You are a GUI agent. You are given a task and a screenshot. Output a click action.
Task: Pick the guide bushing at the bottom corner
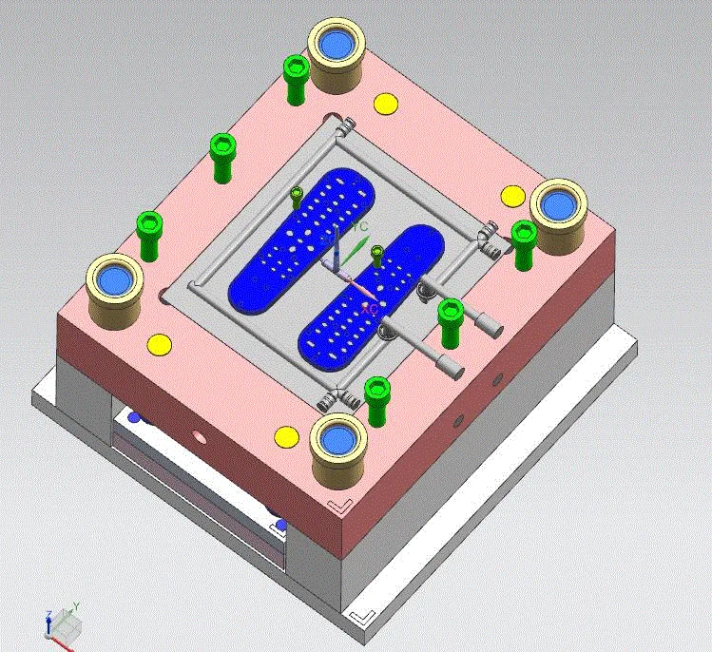[x=338, y=441]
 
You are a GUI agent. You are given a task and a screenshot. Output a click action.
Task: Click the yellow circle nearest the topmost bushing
[x=385, y=104]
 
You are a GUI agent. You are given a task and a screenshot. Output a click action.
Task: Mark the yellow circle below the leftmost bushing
[x=158, y=343]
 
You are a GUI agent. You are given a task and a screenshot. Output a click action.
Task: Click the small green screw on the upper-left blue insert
[x=297, y=197]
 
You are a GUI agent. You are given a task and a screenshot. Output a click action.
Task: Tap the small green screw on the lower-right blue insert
[x=377, y=254]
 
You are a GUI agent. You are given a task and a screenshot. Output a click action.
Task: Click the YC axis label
[x=361, y=227]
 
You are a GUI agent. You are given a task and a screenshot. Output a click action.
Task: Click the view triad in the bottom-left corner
[x=62, y=620]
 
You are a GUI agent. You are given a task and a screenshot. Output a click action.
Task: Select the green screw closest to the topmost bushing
[x=295, y=78]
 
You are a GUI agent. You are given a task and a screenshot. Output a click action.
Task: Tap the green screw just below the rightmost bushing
[x=524, y=243]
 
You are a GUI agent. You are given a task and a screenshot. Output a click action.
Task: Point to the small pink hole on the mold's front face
[x=199, y=437]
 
